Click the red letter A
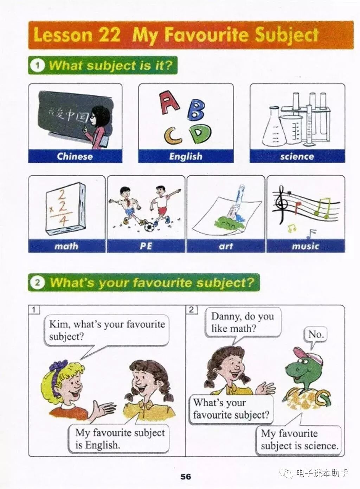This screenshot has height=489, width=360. pos(169,102)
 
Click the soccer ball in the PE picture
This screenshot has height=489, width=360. pos(149,227)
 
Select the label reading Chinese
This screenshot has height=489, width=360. pos(75,156)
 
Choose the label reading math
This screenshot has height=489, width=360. pos(66,246)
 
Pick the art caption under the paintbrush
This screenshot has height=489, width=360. pos(226,246)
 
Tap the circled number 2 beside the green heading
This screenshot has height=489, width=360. pos(37,283)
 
